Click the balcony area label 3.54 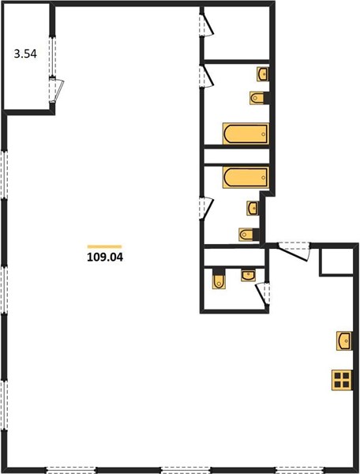pyautogui.click(x=25, y=54)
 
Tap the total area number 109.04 pyautogui.click(x=105, y=258)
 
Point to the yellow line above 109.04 pyautogui.click(x=104, y=246)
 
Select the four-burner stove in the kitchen pyautogui.click(x=342, y=380)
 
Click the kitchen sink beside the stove pyautogui.click(x=344, y=341)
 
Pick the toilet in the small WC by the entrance pyautogui.click(x=219, y=280)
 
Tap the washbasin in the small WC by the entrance pyautogui.click(x=248, y=276)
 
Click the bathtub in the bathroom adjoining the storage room pyautogui.click(x=246, y=134)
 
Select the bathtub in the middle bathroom pyautogui.click(x=246, y=177)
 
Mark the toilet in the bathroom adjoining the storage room pyautogui.click(x=258, y=98)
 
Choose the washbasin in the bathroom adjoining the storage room pyautogui.click(x=263, y=74)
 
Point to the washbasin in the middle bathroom pyautogui.click(x=253, y=208)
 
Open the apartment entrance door pyautogui.click(x=294, y=250)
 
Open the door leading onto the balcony pyautogui.click(x=56, y=90)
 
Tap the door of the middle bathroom pyautogui.click(x=206, y=208)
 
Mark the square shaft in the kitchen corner pyautogui.click(x=336, y=262)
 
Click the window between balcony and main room pyautogui.click(x=53, y=56)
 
